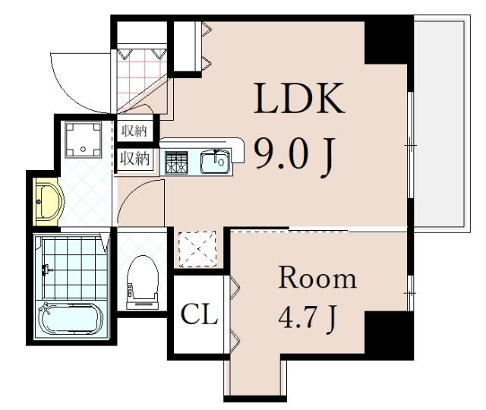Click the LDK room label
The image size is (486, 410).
coord(299,98)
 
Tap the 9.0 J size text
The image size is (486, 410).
coord(295,157)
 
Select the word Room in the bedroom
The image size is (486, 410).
coord(317,278)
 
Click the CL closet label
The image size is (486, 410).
coord(199,314)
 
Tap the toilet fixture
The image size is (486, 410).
coord(143,282)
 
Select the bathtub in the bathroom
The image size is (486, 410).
coord(71,319)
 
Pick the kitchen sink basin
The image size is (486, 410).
coord(216,162)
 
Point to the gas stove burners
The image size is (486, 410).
coord(176,162)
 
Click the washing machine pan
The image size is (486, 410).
coord(83,140)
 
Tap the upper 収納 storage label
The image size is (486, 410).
coord(134,131)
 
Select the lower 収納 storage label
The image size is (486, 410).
coord(135,158)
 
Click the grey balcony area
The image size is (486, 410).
coord(441,123)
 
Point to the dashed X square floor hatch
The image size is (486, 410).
coord(197,248)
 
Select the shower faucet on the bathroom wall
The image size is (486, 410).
coord(46,270)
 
